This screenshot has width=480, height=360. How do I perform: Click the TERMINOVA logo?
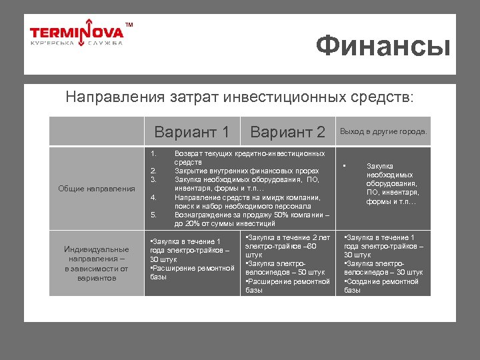click(77, 32)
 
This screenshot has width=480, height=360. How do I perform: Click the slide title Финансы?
click(383, 46)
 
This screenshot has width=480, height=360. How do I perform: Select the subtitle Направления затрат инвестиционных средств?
click(239, 97)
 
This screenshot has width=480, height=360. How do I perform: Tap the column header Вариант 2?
click(287, 131)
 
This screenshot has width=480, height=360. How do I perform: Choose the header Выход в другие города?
click(383, 131)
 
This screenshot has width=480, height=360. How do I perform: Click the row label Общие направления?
click(97, 189)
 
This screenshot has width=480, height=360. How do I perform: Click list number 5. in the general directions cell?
click(153, 215)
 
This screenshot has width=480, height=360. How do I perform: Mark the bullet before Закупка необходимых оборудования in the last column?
click(345, 166)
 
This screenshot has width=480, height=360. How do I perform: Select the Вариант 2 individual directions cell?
click(287, 263)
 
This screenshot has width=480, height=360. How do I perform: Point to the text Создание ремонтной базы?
click(381, 285)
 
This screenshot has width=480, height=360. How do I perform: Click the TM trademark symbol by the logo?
click(129, 25)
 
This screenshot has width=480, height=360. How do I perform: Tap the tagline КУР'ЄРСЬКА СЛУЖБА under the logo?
click(77, 43)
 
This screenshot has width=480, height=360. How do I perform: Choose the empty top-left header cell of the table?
click(97, 131)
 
